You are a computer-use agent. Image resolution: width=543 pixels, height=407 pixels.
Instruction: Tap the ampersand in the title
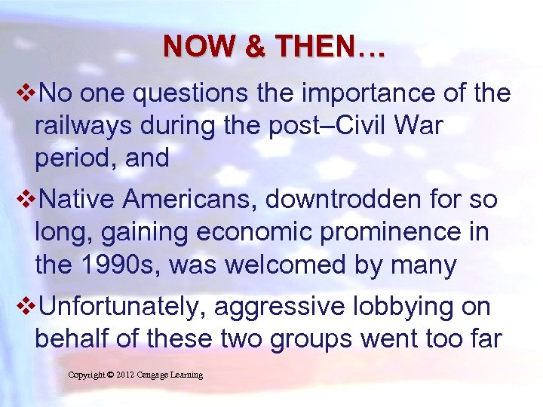[256, 47]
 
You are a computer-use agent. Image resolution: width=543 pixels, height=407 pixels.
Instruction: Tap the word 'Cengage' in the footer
[162, 375]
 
